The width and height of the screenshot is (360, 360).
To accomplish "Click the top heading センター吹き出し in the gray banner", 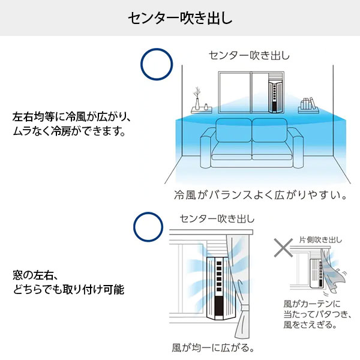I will [180, 18].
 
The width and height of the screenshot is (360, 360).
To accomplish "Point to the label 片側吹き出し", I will [321, 240].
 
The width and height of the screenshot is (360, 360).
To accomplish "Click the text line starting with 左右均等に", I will [71, 115].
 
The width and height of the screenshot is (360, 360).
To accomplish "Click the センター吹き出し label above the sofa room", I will [249, 56].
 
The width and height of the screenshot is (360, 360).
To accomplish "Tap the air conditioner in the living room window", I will [275, 95].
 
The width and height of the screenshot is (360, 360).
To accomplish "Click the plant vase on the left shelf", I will [196, 98].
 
